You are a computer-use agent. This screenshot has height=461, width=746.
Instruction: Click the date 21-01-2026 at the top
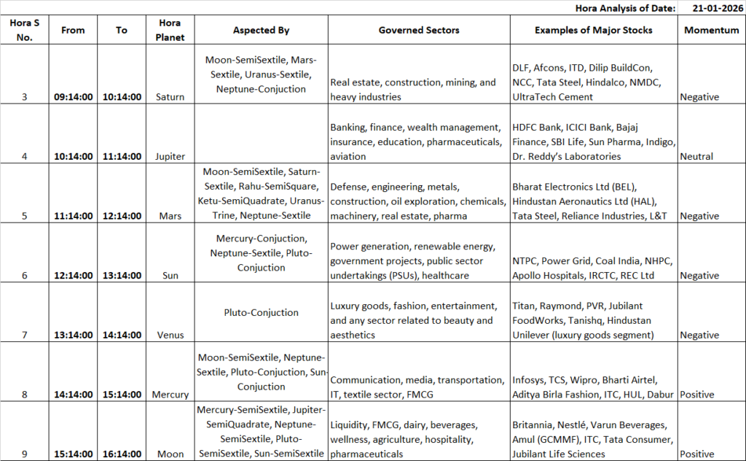coord(711,7)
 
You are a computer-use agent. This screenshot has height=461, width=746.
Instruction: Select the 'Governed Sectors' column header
coord(418,30)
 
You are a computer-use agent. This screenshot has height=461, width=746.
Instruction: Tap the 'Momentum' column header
coord(712,30)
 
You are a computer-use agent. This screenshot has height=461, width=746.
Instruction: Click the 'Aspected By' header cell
coord(261,30)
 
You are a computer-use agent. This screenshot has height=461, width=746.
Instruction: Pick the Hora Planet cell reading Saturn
coord(170,97)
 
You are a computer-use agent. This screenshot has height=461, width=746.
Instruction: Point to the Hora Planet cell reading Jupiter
coord(170,156)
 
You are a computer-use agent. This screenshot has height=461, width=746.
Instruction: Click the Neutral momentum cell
coord(696,156)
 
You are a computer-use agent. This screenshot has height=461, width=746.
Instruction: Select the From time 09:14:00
coord(73,97)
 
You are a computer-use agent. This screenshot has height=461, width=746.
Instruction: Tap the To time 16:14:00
coord(122,454)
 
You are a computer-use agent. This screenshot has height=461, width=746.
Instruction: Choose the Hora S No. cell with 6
coord(25,276)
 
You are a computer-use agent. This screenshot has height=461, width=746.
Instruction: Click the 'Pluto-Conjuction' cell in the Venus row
coord(261,312)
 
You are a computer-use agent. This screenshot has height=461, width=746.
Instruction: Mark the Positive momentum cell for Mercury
coord(696,395)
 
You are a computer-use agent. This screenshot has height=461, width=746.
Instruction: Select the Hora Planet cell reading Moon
coord(170,454)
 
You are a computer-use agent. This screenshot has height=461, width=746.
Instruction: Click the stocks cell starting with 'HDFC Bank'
coord(594,142)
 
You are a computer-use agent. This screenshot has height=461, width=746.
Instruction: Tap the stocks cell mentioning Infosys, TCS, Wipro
coord(594,387)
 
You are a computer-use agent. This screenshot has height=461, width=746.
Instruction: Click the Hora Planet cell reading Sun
coord(170,276)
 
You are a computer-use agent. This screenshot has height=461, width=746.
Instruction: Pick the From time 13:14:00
coord(73,336)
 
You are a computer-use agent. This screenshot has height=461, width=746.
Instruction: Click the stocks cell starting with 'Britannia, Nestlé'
coord(594,439)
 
